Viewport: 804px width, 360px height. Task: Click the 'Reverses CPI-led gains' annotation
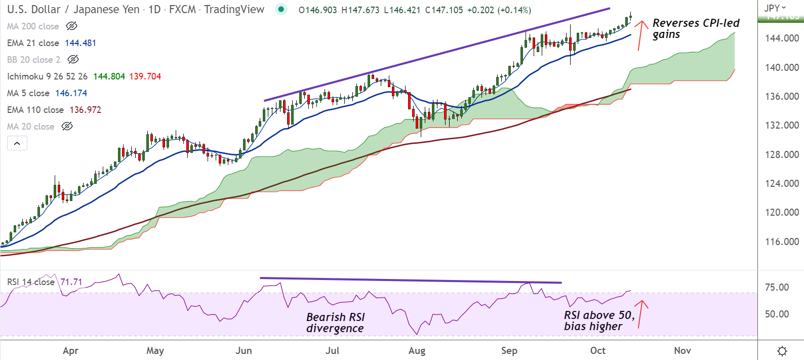pos(695,29)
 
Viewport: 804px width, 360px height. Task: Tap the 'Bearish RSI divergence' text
pos(335,323)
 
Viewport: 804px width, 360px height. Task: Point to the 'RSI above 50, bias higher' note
pos(599,321)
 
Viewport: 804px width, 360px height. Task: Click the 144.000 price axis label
pos(782,38)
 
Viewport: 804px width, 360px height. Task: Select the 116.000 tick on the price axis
pos(782,242)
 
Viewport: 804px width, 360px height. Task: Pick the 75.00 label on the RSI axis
pos(777,287)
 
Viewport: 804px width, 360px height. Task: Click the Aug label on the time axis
pos(417,350)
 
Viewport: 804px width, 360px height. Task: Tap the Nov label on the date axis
pos(682,350)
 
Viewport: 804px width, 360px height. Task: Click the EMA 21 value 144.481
pos(81,43)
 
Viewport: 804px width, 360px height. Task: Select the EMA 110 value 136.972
pos(86,110)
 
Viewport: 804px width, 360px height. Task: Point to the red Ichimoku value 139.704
pos(145,76)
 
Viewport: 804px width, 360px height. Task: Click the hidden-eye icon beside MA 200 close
pos(72,26)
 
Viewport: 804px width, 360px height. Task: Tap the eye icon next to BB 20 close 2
pos(73,60)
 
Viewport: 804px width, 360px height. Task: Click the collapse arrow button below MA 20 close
pos(17,143)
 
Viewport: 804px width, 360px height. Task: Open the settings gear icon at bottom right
pos(782,351)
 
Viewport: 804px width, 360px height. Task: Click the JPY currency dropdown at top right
pos(775,8)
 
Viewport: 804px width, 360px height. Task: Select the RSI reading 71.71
pos(71,282)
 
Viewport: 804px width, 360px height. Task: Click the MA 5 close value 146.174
pos(71,93)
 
